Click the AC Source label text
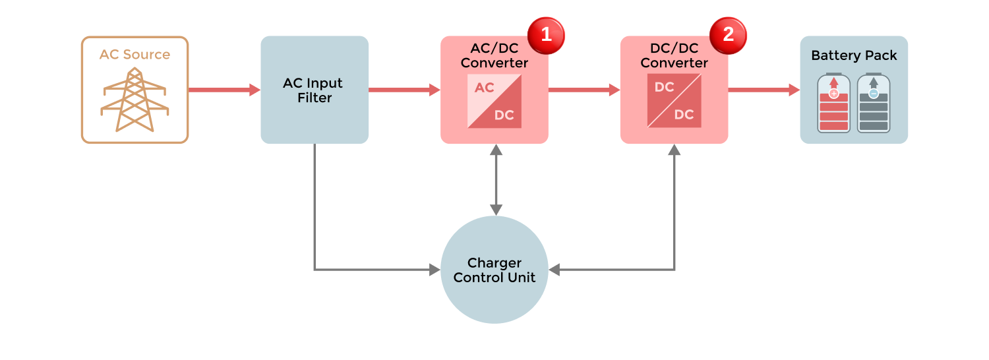coord(135,55)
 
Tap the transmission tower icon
coord(135,100)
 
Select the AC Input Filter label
coord(313,90)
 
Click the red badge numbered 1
coord(546,34)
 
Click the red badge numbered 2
coord(728,34)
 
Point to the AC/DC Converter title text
coord(494,56)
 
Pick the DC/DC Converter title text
coord(674,56)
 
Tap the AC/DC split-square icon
coord(494,101)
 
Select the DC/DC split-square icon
coord(674,101)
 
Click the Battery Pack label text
coord(854,55)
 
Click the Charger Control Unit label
coord(494,270)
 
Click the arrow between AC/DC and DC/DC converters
coord(584,90)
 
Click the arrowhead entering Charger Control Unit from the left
coord(435,269)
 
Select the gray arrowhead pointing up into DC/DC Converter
coord(674,150)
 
